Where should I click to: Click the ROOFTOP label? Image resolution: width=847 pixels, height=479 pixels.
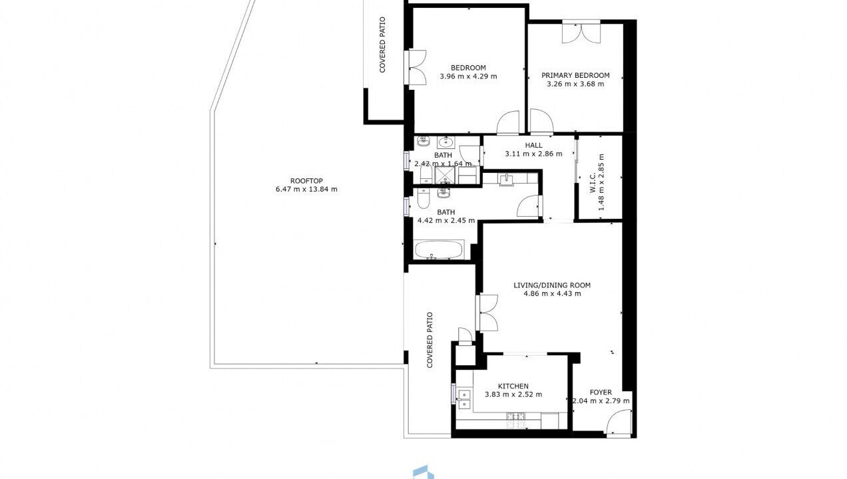pos(306,181)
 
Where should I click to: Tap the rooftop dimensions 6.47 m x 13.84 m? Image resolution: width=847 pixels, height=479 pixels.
pos(306,189)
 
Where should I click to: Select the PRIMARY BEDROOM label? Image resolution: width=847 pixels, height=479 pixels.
pos(575,76)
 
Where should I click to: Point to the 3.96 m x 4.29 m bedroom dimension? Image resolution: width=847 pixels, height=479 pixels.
pos(469,77)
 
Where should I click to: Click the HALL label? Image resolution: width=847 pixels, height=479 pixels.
pos(533,145)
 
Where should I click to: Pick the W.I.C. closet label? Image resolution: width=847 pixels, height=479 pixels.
pos(593,182)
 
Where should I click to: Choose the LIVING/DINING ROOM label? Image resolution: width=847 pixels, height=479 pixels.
pos(552,285)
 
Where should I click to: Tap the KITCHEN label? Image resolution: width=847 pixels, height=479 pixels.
pos(513,386)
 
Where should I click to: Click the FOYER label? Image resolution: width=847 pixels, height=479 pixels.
pos(601,393)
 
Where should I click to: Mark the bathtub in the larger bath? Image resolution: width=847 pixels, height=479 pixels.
pos(438,249)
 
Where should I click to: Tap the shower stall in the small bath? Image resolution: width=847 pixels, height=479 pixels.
pos(446,175)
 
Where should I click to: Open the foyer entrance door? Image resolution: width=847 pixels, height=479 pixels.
pos(619,422)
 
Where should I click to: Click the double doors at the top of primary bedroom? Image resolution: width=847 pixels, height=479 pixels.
pos(581,32)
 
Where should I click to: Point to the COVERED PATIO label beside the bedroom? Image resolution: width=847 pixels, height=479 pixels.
pos(382,45)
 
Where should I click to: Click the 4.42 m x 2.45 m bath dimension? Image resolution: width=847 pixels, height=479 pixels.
pos(446,221)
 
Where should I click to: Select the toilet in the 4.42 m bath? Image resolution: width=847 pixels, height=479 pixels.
pos(423,198)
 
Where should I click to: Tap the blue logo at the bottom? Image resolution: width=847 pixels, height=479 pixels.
pos(423,472)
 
